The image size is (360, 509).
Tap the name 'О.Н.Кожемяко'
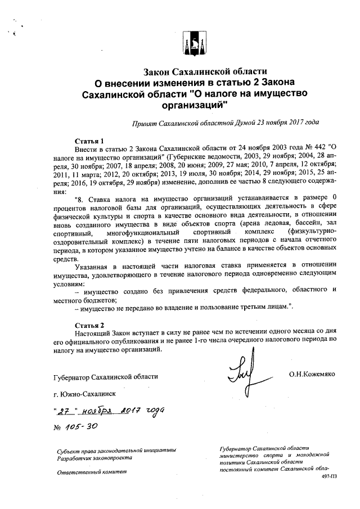point(312,373)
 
